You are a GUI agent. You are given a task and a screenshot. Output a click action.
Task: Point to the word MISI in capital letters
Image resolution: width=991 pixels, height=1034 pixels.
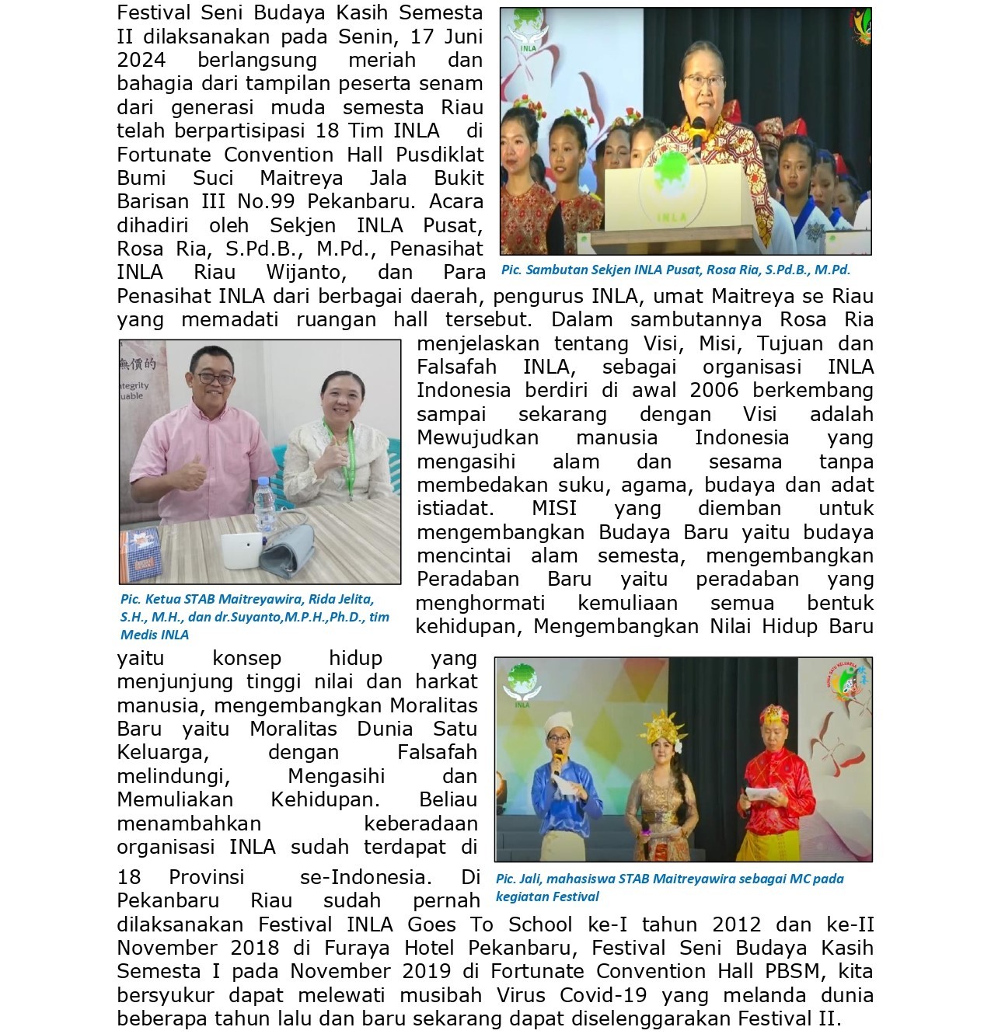click(x=554, y=509)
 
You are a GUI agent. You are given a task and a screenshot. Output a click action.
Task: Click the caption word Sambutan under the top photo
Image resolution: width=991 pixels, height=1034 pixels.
click(x=553, y=270)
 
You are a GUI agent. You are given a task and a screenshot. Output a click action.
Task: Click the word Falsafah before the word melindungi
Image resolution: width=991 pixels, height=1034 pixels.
click(x=437, y=752)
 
